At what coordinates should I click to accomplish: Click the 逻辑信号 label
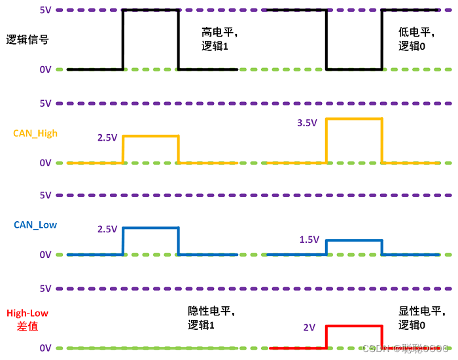tap(27, 39)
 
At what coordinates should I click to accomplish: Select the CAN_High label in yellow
tap(35, 133)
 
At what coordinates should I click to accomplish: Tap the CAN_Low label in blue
tap(35, 225)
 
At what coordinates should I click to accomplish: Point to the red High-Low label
tap(27, 314)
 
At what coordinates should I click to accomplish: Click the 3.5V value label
tap(308, 122)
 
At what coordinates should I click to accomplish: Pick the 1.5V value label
tap(309, 240)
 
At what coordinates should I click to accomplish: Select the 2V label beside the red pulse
tap(309, 327)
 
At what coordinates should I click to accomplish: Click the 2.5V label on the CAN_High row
tap(107, 138)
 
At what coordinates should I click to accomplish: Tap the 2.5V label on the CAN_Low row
tap(107, 229)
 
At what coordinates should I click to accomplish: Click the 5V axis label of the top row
tap(46, 10)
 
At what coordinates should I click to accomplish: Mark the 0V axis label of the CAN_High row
tap(45, 163)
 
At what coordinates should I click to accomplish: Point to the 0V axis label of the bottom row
tap(45, 348)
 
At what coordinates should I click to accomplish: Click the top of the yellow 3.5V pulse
tap(354, 118)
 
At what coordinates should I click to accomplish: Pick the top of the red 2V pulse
tap(354, 326)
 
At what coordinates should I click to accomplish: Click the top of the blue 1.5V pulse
tap(354, 240)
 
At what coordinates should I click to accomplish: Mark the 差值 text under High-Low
tap(27, 326)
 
